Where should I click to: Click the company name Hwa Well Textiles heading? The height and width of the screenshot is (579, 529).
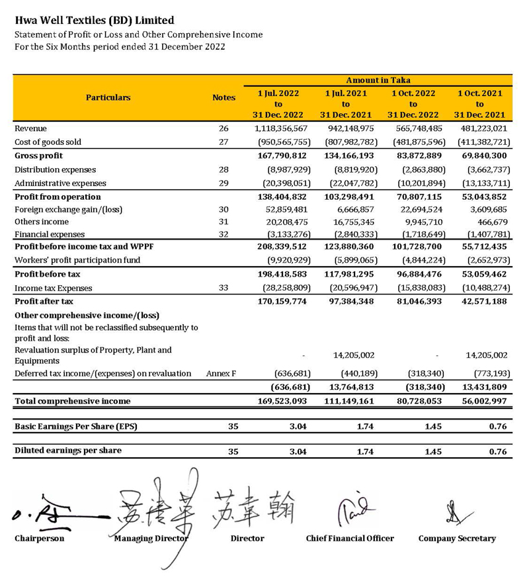[x=95, y=21]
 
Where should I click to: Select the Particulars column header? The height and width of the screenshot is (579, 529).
[x=108, y=97]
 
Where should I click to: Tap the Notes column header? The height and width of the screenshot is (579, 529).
[x=224, y=97]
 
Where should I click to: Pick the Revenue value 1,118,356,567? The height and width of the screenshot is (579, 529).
[x=281, y=128]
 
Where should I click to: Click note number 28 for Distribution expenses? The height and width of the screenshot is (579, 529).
[x=224, y=170]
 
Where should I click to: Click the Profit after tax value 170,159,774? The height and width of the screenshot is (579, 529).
[x=281, y=302]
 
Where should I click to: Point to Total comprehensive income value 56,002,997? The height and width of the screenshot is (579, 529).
[x=481, y=401]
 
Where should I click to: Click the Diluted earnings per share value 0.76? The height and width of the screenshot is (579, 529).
[x=498, y=452]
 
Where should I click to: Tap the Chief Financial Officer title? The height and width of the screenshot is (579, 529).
[x=350, y=539]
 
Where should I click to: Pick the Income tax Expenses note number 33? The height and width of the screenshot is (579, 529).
[x=224, y=289]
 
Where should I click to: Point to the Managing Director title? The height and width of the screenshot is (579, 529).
[x=151, y=539]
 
